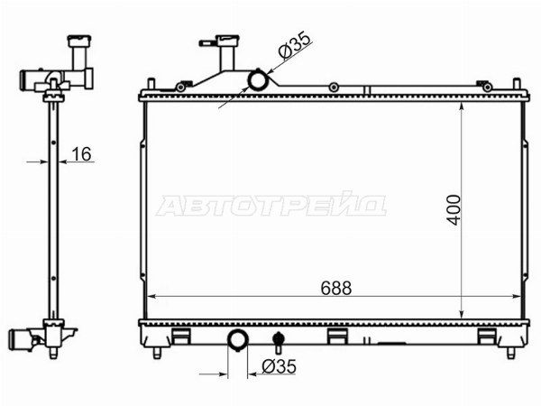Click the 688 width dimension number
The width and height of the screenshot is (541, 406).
pos(335,288)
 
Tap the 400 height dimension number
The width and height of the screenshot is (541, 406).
pos(454,210)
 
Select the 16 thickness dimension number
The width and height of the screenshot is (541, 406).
pos(81,154)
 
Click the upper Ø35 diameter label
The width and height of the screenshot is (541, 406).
pos(294,46)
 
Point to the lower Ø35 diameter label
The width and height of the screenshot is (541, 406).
pos(280,366)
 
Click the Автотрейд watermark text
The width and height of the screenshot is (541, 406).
pos(271,205)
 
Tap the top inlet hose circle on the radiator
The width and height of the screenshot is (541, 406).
pos(258,80)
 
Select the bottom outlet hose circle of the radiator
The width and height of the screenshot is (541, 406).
pos(238,339)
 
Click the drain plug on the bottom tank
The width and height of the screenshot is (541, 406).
pos(278,341)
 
